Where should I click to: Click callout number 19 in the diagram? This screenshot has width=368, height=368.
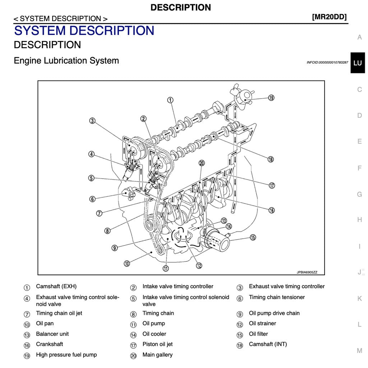point(271,97)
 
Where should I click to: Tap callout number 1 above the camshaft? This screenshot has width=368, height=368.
point(170,100)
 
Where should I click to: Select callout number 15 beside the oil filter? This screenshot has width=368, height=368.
point(253,237)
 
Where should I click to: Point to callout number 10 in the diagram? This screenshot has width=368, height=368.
point(127,263)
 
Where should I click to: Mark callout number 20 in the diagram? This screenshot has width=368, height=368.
point(202,163)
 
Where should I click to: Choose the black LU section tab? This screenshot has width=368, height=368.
point(358,63)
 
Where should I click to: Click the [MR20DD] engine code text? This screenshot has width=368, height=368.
point(329,17)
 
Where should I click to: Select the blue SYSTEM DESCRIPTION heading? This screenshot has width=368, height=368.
point(84,31)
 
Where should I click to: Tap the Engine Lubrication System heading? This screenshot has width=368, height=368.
point(66,60)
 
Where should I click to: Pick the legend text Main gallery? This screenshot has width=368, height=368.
point(157,355)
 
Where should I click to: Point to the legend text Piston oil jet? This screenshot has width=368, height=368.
point(157,344)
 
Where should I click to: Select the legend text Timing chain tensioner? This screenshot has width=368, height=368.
point(277,297)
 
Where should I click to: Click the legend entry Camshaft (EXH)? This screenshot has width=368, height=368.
point(56,286)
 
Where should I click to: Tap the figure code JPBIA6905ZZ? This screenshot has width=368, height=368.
point(307,272)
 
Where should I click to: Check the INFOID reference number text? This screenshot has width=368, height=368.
point(327,63)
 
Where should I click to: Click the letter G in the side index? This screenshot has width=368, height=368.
point(359,194)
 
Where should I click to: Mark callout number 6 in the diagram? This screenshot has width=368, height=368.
point(92,199)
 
